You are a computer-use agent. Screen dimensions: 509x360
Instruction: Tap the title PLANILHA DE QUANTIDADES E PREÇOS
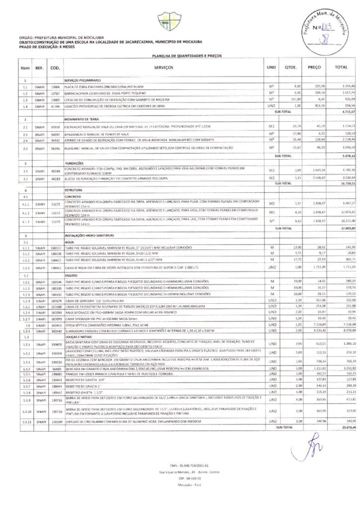[x=180, y=56]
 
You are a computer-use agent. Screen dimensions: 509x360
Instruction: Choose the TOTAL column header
[x=341, y=67]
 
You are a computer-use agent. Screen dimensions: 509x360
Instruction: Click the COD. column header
[x=55, y=67]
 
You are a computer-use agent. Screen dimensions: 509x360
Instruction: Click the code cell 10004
[x=55, y=86]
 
